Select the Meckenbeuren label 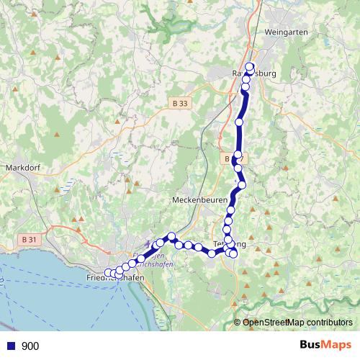pyautogui.click(x=199, y=199)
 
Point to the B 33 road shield pyautogui.click(x=181, y=104)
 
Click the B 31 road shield pyautogui.click(x=30, y=239)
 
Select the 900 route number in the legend pyautogui.click(x=30, y=346)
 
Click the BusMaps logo pyautogui.click(x=326, y=345)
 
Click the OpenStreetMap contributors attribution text pyautogui.click(x=297, y=322)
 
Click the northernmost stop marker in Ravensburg pyautogui.click(x=250, y=67)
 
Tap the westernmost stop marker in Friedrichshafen pyautogui.click(x=109, y=272)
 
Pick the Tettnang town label pyautogui.click(x=230, y=245)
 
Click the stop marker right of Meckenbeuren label pyautogui.click(x=230, y=210)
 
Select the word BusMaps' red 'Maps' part pyautogui.click(x=338, y=345)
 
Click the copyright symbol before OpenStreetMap pyautogui.click(x=237, y=322)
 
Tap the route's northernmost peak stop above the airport pyautogui.click(x=172, y=236)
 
